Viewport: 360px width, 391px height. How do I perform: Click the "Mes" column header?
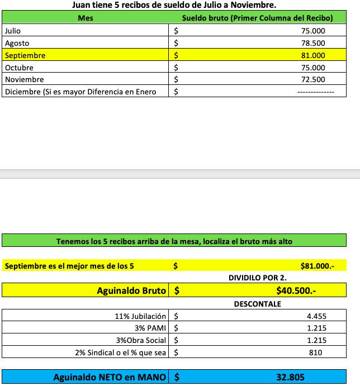click(86, 18)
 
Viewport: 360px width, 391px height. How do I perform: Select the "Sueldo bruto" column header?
click(257, 18)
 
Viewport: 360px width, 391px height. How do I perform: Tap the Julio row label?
click(13, 31)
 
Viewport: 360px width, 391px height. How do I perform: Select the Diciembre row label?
click(80, 92)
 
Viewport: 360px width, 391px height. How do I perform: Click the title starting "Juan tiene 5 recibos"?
click(174, 6)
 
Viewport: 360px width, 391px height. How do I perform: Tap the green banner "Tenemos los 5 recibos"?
click(174, 242)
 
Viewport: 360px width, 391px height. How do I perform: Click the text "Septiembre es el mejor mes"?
click(69, 266)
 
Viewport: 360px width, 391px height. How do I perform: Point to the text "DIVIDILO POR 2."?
click(258, 278)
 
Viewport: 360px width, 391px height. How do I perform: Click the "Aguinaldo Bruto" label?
click(131, 290)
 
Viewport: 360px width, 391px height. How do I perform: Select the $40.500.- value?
click(296, 290)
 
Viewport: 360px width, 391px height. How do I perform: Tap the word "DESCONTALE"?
click(258, 304)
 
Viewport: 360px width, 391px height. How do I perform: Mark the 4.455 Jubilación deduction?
click(316, 316)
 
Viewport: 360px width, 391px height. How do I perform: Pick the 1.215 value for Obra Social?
click(316, 341)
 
